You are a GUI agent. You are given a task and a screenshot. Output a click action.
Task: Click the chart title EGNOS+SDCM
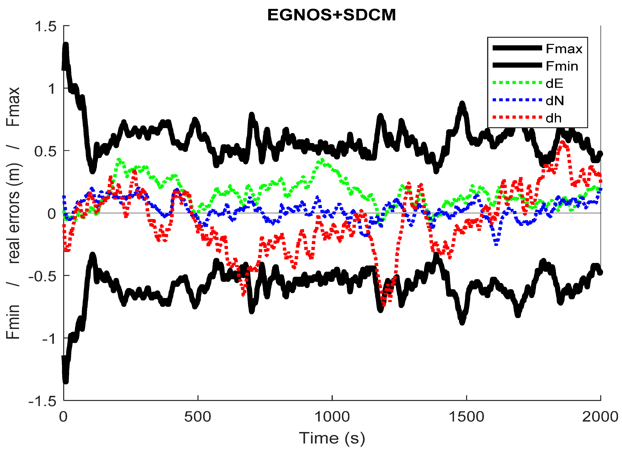(x=331, y=15)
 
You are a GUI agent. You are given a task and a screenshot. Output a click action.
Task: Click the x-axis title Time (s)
(x=332, y=438)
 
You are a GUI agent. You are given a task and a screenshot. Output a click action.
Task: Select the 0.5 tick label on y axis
(x=45, y=151)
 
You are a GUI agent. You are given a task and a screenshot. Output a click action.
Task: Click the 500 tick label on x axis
(x=197, y=417)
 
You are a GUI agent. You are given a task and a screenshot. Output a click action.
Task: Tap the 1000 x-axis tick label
(x=332, y=417)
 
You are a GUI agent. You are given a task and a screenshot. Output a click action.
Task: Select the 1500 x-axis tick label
(x=466, y=417)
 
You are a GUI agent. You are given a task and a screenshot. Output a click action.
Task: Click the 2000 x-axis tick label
(x=600, y=417)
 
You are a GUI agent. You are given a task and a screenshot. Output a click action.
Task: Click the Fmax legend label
(x=564, y=49)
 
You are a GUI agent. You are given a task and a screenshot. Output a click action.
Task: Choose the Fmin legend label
(x=562, y=66)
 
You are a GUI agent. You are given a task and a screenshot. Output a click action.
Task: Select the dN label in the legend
(x=555, y=101)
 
